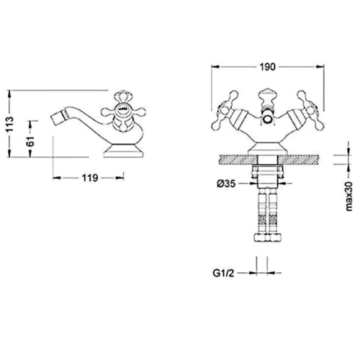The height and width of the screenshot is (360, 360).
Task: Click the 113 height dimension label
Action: coord(10,124)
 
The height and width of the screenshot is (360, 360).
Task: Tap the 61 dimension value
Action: coord(31,141)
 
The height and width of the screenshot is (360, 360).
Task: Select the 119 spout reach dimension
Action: coord(90,178)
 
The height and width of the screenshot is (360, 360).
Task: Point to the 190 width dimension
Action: coord(268,67)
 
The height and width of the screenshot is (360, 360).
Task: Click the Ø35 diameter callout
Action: coord(226,184)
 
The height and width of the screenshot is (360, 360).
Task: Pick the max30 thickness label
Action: coord(349,197)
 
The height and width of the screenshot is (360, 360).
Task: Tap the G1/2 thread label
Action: coord(223,273)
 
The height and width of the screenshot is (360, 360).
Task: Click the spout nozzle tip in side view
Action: coord(55,118)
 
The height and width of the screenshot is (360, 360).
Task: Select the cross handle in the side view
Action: coord(123,111)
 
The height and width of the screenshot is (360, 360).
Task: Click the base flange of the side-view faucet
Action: coord(124,150)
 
